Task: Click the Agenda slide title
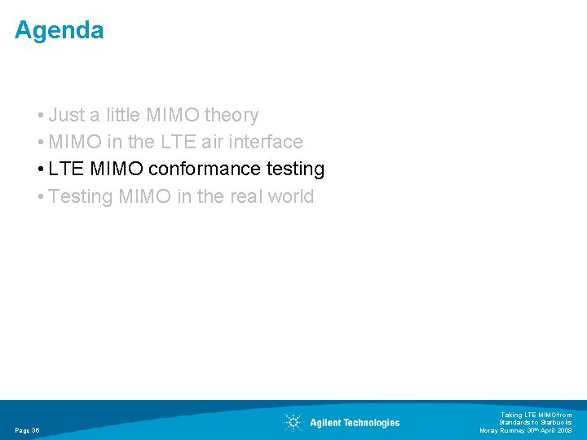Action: [x=59, y=31]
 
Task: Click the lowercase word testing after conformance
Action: [x=295, y=169]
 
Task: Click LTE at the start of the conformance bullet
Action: [x=67, y=169]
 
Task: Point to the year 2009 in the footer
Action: [x=563, y=430]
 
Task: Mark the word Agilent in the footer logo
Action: [x=327, y=423]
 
